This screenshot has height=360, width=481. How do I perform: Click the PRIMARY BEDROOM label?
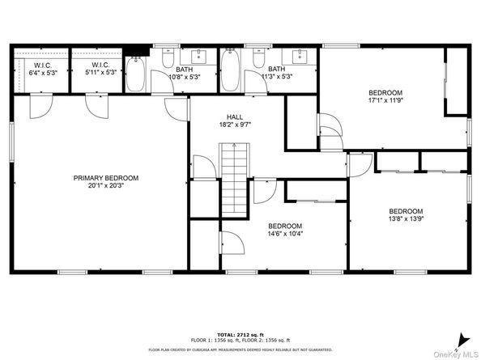pyautogui.click(x=106, y=178)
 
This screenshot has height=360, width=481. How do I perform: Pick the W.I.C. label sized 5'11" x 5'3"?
pyautogui.click(x=100, y=66)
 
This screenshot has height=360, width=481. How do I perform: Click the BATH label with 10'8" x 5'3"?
pyautogui.click(x=185, y=70)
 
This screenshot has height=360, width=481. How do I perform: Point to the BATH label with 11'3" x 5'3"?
pyautogui.click(x=277, y=70)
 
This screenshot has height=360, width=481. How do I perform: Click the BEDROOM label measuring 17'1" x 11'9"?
pyautogui.click(x=385, y=92)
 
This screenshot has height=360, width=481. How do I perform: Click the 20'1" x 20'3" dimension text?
pyautogui.click(x=106, y=187)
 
